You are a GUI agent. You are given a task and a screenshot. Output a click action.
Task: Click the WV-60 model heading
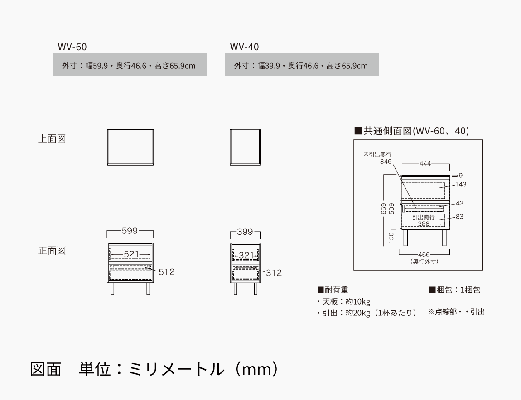coord(72,47)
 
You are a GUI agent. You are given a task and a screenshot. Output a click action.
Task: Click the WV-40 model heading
coord(244,47)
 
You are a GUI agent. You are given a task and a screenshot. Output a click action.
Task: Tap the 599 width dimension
coord(130,231)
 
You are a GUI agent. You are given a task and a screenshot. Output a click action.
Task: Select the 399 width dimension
coord(245,232)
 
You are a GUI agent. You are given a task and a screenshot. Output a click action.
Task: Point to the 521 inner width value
coord(131,254)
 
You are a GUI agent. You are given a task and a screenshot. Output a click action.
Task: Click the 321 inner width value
coord(246,256)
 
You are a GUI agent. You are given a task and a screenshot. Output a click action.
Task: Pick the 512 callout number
coord(166,272)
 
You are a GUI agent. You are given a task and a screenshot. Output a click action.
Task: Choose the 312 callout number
coord(274,273)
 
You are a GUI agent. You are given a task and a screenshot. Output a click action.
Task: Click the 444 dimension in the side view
coord(425,163)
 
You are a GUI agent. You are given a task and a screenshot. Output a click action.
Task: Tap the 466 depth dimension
coord(424,255)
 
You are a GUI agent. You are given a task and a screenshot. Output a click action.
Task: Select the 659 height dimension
coord(384,209)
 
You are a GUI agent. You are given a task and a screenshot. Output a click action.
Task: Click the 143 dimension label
coord(461,184)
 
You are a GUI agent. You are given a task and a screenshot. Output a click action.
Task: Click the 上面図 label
coord(52,139)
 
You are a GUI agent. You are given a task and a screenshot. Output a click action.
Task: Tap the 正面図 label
coord(52,251)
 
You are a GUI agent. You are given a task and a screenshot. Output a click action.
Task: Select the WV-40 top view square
coord(245,148)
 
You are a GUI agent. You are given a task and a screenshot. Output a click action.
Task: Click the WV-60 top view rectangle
coord(131,148)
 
